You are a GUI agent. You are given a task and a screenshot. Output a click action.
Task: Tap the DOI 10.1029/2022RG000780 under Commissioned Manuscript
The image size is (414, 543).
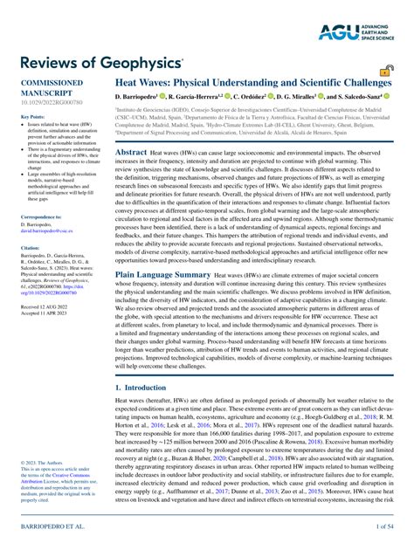(x=48, y=100)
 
